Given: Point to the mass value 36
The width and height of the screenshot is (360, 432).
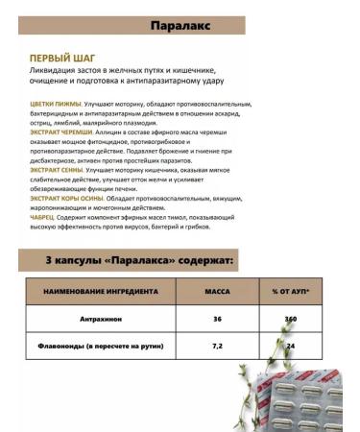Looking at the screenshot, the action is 217,318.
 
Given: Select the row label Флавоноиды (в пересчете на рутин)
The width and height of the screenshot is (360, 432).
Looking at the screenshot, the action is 99,347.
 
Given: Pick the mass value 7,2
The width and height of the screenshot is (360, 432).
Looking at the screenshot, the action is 217,347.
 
